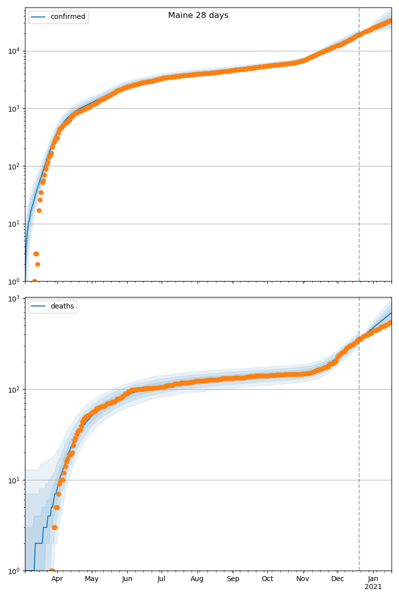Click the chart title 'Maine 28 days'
(198, 15)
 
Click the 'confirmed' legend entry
(58, 17)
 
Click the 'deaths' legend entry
(53, 306)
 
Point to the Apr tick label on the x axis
(57, 579)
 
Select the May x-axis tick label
(92, 579)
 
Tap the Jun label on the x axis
(127, 579)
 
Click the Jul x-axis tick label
(162, 579)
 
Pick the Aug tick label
(198, 579)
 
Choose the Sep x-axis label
(233, 579)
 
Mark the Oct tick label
(268, 579)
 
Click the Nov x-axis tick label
(303, 579)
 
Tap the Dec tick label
(338, 579)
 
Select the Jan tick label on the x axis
(373, 579)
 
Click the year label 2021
(373, 587)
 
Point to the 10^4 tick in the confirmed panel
(13, 51)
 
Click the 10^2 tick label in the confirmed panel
(13, 166)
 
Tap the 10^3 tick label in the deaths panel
(13, 299)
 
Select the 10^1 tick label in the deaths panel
(13, 480)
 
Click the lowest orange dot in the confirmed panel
(34, 281)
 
